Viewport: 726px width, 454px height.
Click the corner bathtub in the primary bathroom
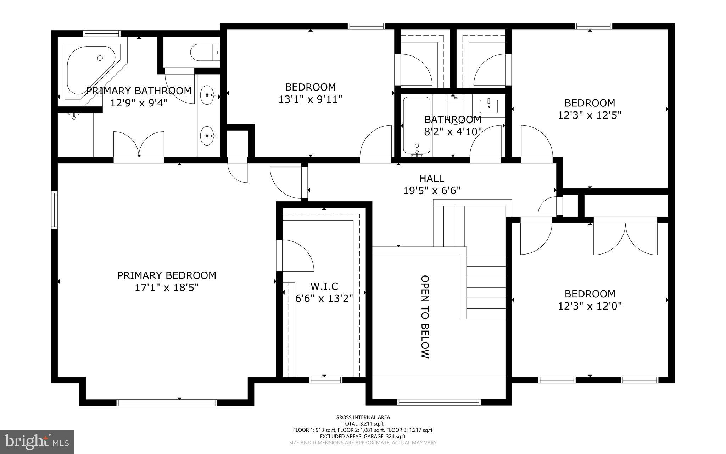click(90, 69)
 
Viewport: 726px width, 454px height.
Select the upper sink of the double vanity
click(208, 95)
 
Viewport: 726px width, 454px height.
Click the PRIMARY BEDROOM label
click(167, 275)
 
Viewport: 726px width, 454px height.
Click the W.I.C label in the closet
click(324, 286)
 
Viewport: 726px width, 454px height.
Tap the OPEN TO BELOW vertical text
click(425, 317)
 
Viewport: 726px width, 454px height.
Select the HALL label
click(431, 178)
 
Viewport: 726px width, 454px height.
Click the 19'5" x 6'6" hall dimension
click(431, 191)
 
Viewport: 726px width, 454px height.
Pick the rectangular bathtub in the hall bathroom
click(417, 126)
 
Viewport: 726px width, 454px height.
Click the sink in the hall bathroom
click(489, 105)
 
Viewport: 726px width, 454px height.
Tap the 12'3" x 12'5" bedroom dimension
click(590, 115)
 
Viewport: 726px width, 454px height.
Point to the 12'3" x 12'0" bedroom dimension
click(590, 306)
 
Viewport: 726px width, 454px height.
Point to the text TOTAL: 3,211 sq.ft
click(363, 423)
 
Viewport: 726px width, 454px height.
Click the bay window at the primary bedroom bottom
click(167, 403)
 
